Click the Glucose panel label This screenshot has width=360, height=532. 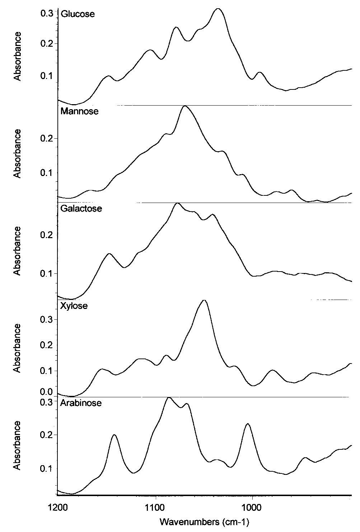78,14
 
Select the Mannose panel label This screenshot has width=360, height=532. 79,111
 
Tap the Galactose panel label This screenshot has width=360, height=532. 81,209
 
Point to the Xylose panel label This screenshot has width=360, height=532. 74,306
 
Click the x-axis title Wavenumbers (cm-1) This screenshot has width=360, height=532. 204,522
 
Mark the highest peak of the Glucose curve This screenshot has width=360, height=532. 218,9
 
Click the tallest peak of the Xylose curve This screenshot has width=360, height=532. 204,300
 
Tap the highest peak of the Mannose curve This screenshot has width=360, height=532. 185,106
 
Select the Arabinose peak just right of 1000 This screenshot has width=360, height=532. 248,424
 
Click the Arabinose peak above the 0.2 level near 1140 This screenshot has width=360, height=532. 114,435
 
